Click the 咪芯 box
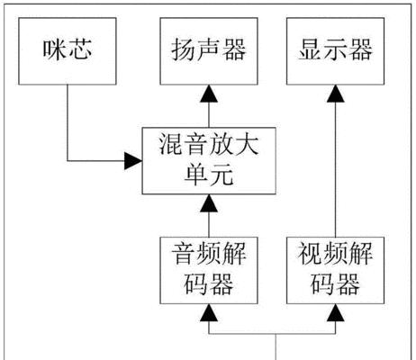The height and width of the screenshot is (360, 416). pos(68,51)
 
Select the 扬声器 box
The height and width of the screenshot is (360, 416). pos(209,51)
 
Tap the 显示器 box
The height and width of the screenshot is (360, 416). pos(335,51)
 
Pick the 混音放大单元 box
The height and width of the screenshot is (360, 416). pos(209,161)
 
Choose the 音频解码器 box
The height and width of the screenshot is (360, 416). pos(209,270)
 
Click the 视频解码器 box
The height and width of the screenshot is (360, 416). pos(335,270)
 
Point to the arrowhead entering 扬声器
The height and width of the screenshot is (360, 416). pos(209,94)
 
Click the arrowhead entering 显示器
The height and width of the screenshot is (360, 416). pos(335,94)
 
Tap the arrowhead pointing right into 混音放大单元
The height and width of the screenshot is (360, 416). pos(133,161)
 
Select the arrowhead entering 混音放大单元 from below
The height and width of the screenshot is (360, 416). pos(209,203)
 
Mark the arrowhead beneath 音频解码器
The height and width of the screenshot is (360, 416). pos(209,312)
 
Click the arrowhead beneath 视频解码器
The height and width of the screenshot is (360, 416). pos(335,312)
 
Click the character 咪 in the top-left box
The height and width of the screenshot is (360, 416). pos(54,49)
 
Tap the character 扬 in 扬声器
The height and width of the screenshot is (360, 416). pos(184,49)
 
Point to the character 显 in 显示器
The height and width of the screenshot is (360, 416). pos(310,49)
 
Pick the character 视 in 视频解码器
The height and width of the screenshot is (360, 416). pos(310,254)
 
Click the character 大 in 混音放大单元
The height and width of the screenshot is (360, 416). pos(247,145)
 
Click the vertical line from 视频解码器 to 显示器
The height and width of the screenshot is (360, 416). pos(335,169)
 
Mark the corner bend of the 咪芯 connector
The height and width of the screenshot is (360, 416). pos(68,161)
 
